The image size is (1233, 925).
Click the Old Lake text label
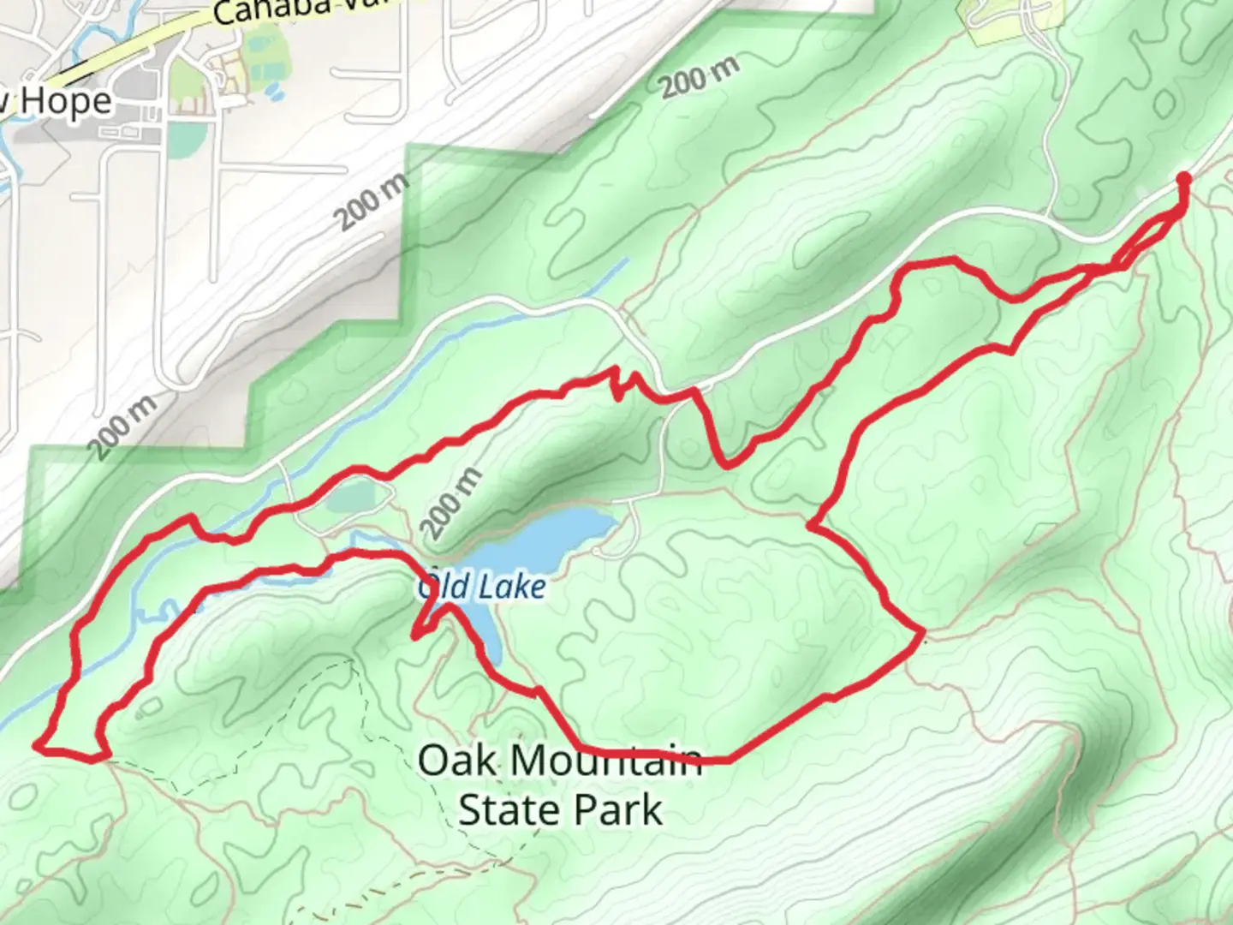[482, 588]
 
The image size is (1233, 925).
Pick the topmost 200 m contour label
[699, 77]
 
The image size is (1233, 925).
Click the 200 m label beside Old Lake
[451, 504]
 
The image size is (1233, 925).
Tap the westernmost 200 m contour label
[123, 426]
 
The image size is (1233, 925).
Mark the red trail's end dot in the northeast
[1183, 178]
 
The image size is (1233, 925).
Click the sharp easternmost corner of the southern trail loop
[923, 634]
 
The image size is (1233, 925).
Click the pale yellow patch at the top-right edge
[998, 21]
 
